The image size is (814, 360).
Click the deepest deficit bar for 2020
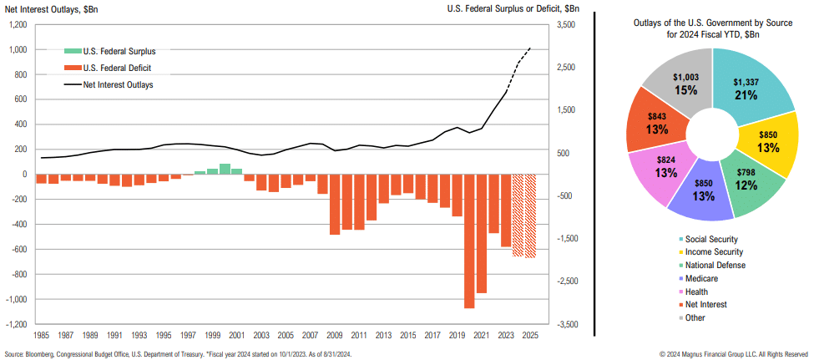click(469, 241)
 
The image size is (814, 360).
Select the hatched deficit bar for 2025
click(530, 215)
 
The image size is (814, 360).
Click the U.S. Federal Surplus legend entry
click(119, 51)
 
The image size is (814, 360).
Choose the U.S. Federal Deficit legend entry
click(117, 68)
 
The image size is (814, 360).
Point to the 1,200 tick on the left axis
click(17, 25)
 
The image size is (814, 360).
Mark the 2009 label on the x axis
click(335, 334)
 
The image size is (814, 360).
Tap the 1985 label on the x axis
click(41, 334)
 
